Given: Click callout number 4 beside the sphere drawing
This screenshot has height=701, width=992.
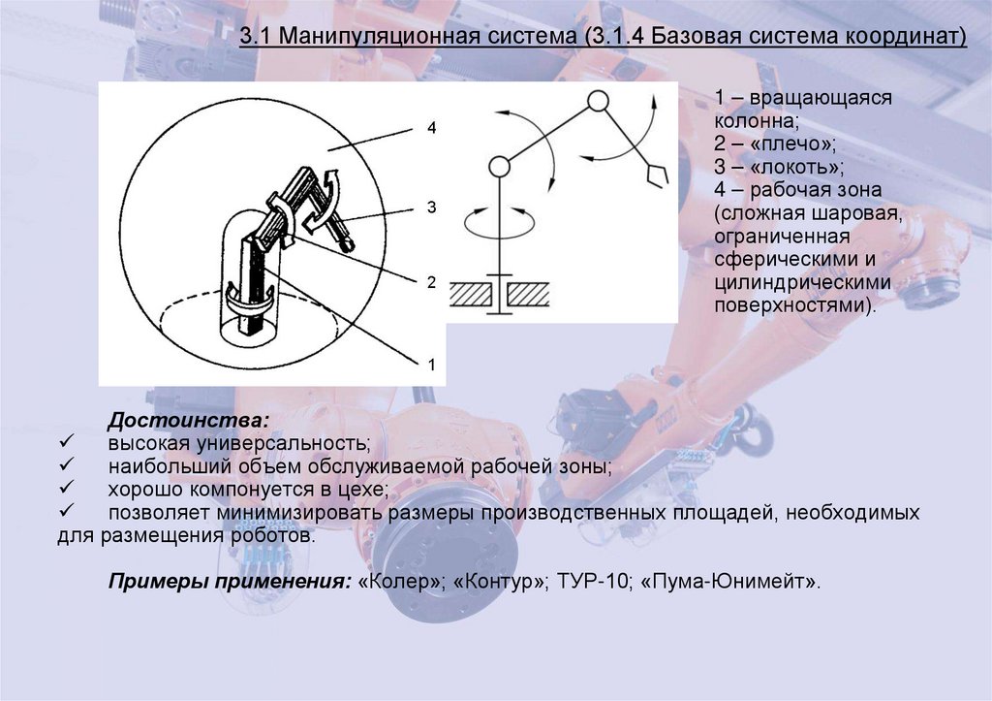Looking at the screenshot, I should tap(432, 128).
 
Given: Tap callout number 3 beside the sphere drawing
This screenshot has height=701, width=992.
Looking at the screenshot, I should tap(432, 207).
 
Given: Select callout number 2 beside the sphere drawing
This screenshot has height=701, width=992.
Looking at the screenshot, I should tap(432, 281).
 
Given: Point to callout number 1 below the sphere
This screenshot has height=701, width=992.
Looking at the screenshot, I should tap(432, 364).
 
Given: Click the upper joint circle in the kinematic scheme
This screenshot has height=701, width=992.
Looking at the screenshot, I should tap(598, 101).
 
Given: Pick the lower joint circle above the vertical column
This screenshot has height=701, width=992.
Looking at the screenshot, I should tap(499, 168).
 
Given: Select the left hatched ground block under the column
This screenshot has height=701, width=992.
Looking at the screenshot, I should tap(471, 291).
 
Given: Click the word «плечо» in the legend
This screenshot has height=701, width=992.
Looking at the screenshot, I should tap(800, 143).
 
